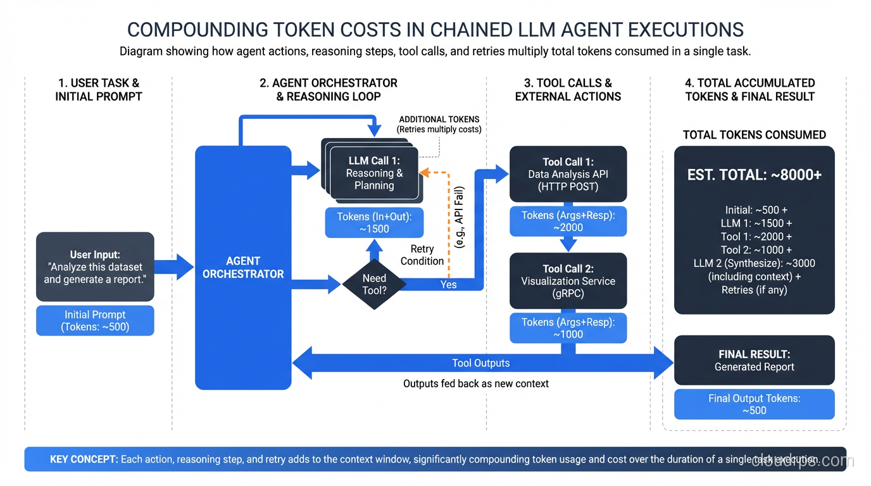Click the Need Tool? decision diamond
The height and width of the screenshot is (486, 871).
pos(374,284)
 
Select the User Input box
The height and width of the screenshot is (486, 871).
pos(95,266)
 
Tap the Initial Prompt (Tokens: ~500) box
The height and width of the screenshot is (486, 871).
pos(95,321)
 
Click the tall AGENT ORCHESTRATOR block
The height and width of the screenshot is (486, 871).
pos(243,267)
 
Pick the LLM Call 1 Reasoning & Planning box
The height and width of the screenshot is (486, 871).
pos(373,173)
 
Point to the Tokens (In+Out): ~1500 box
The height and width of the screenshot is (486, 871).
pos(374,223)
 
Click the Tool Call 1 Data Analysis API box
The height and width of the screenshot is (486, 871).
pos(568,174)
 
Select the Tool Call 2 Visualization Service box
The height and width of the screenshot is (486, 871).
pos(568,281)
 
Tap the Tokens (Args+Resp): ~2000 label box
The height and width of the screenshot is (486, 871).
pos(568,221)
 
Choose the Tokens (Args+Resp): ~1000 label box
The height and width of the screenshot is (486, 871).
pos(568,328)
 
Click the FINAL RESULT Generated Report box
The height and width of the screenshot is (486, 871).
pos(754,360)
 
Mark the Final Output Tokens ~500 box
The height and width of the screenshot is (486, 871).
pos(754,404)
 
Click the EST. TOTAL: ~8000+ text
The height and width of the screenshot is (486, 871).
pos(754,175)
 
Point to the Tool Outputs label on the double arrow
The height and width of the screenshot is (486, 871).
pos(480,363)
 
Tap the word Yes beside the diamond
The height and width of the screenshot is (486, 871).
pos(449,285)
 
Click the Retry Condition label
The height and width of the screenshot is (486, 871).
pos(422,255)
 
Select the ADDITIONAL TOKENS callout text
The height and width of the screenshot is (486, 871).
pos(439,124)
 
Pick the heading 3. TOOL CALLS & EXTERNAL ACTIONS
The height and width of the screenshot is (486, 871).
pos(568,90)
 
